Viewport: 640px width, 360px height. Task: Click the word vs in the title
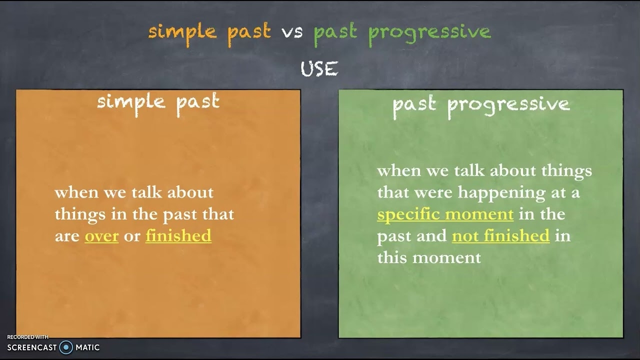[x=292, y=32]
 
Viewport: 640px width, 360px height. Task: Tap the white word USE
[x=319, y=69]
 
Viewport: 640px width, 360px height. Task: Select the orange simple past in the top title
[x=209, y=32]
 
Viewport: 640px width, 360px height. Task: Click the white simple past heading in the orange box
[x=158, y=102]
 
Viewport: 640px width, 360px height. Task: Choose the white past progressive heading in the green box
[x=480, y=104]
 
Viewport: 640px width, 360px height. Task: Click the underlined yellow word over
[x=101, y=236]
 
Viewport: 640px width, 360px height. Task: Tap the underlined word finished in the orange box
[x=178, y=236]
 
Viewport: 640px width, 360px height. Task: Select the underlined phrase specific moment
[x=445, y=214]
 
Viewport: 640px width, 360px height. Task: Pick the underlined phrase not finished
[x=500, y=236]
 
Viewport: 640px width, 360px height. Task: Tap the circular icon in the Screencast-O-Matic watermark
[x=66, y=347]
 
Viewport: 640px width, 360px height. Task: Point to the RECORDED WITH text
[x=27, y=337]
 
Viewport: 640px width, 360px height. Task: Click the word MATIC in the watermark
[x=87, y=347]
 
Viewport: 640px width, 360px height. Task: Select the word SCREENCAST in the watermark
[x=32, y=347]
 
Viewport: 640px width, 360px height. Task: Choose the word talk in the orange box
[x=147, y=192]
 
